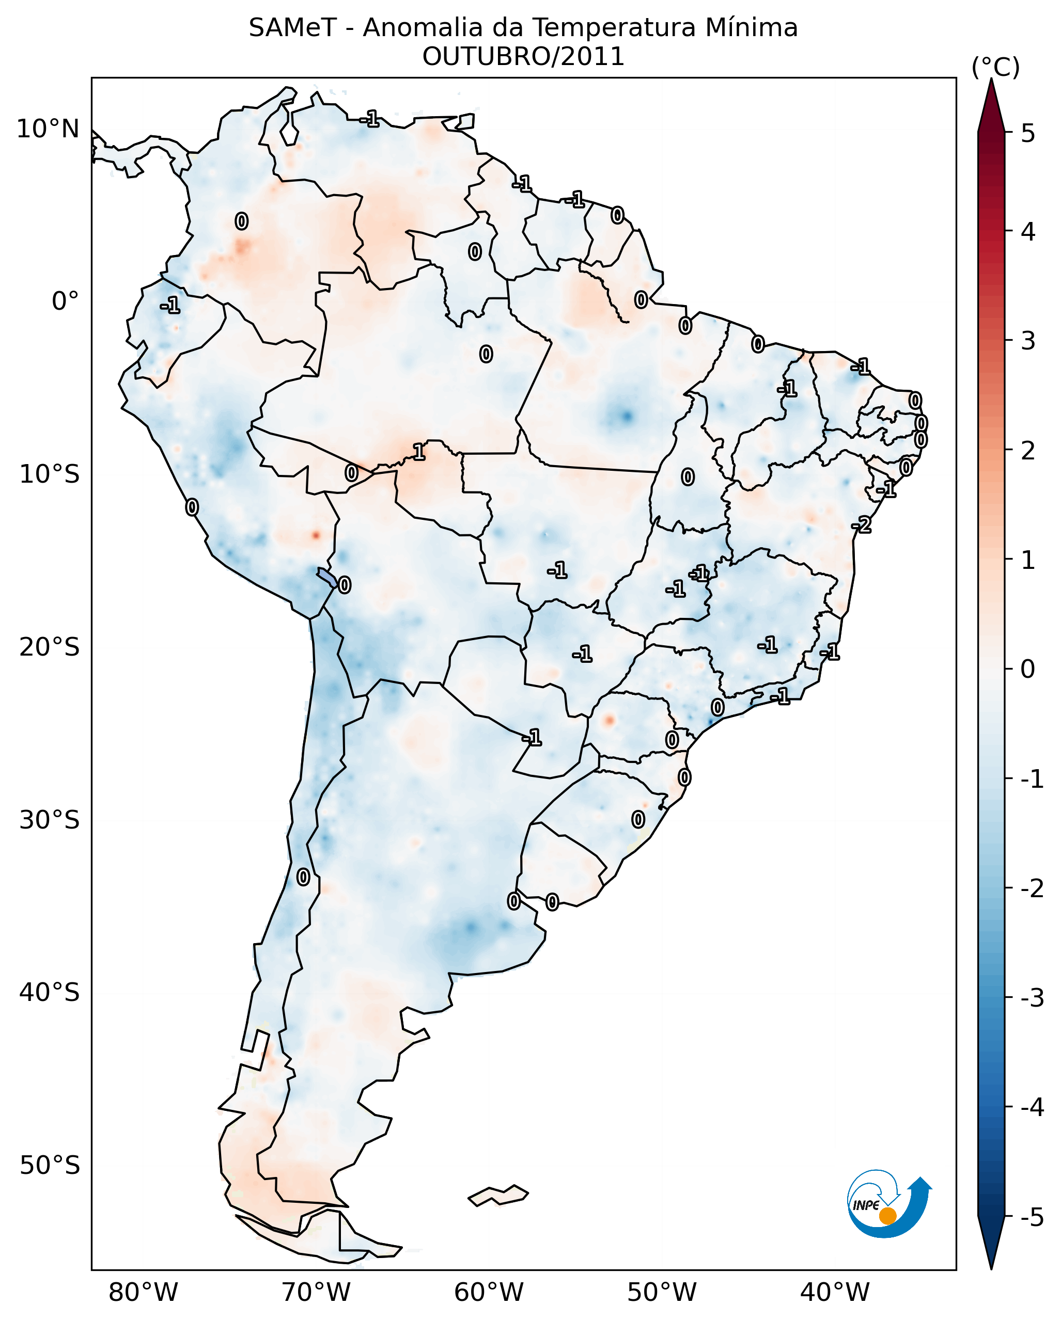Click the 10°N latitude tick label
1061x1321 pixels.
[x=48, y=129]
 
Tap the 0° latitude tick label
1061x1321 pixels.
[x=65, y=301]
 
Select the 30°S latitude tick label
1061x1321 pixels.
[x=49, y=820]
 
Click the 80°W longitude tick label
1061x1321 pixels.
[x=143, y=1293]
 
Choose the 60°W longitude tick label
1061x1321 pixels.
[x=489, y=1293]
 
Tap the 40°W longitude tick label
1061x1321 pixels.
[x=834, y=1293]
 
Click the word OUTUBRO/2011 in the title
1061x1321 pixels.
[x=523, y=57]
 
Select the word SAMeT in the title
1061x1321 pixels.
[x=292, y=28]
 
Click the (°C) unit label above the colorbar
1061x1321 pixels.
[x=995, y=68]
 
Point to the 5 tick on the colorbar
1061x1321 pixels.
[x=1028, y=133]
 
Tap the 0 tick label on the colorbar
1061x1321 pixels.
[x=1028, y=669]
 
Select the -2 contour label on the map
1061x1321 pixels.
[x=861, y=525]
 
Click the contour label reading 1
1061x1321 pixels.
[x=418, y=453]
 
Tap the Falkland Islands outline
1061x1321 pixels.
[x=498, y=1196]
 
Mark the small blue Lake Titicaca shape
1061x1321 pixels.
[x=326, y=577]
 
